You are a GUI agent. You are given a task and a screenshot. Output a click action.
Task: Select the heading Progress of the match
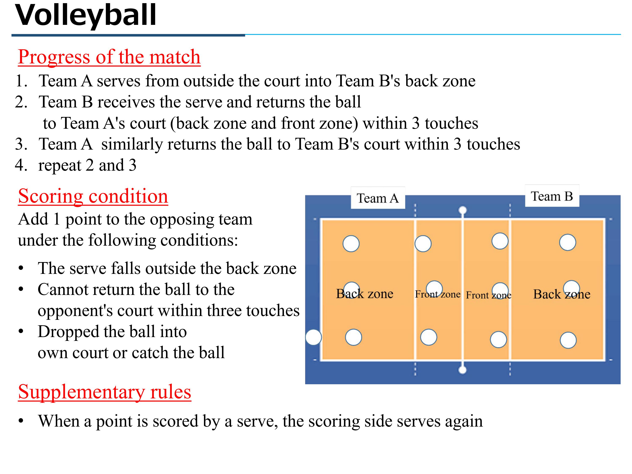pyautogui.click(x=109, y=57)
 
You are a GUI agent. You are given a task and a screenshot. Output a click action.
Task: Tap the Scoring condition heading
pyautogui.click(x=93, y=196)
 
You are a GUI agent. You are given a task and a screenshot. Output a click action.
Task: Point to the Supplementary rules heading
pyautogui.click(x=104, y=392)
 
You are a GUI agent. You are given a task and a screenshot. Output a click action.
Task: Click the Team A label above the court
pyautogui.click(x=378, y=198)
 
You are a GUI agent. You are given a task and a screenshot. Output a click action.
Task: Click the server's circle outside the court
pyautogui.click(x=313, y=337)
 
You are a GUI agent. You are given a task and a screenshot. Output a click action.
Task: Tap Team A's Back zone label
pyautogui.click(x=365, y=294)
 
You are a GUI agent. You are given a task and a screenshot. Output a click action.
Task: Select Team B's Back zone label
pyautogui.click(x=562, y=294)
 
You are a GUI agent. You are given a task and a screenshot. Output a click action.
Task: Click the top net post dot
pyautogui.click(x=463, y=210)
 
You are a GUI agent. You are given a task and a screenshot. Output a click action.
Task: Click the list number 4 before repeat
pyautogui.click(x=21, y=165)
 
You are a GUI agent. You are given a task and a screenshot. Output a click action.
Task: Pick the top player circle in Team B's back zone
pyautogui.click(x=567, y=242)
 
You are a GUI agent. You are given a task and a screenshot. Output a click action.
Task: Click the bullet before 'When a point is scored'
pyautogui.click(x=21, y=421)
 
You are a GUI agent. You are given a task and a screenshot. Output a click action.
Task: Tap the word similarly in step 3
pyautogui.click(x=132, y=144)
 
